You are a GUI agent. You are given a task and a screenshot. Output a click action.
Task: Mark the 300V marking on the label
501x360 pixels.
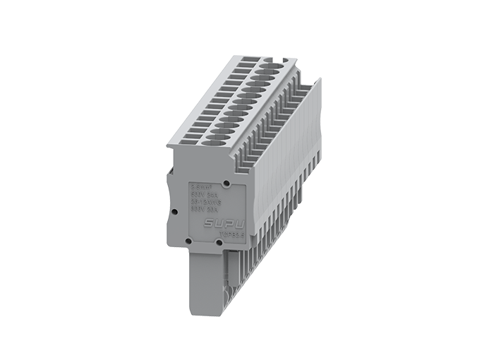pos(200,209)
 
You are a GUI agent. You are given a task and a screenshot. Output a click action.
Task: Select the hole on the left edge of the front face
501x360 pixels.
pos(174,210)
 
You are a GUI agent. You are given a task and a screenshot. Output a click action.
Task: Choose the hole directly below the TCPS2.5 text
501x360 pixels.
pos(221,243)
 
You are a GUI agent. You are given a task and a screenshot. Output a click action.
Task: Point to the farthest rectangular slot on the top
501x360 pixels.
pos(243,64)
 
